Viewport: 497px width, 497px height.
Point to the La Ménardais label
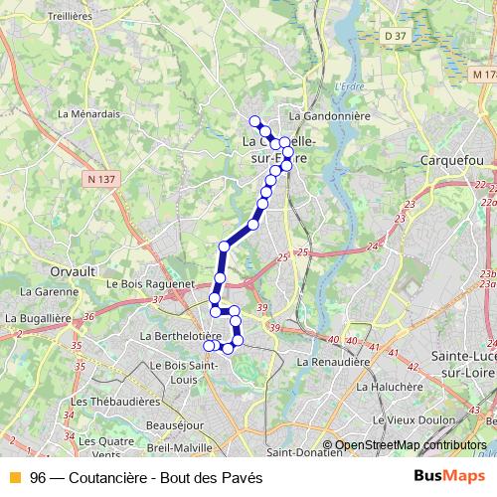click(x=88, y=113)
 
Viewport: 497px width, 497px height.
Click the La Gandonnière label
click(x=328, y=115)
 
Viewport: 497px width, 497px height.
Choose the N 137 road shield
click(x=101, y=179)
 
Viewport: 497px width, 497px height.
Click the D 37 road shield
click(x=396, y=37)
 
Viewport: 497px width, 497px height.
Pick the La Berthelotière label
click(x=180, y=336)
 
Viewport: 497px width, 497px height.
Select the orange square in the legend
click(x=14, y=478)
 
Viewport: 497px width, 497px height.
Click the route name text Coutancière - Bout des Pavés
click(x=159, y=478)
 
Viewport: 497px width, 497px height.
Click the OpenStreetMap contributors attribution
click(x=410, y=445)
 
